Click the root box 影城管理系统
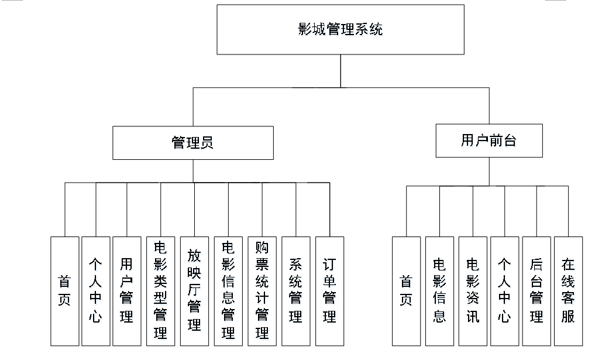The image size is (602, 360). pyautogui.click(x=340, y=29)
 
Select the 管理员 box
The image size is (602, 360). pyautogui.click(x=192, y=143)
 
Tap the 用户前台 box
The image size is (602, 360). pyautogui.click(x=489, y=140)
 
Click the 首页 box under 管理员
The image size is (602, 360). pyautogui.click(x=64, y=291)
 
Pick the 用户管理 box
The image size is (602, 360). pyautogui.click(x=127, y=291)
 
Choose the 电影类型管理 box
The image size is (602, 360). pyautogui.click(x=160, y=291)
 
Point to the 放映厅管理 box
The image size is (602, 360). pyautogui.click(x=194, y=291)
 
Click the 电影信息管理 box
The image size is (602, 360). pyautogui.click(x=228, y=291)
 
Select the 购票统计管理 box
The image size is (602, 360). pyautogui.click(x=262, y=291)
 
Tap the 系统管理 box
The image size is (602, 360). pyautogui.click(x=296, y=291)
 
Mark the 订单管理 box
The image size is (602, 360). pyautogui.click(x=329, y=291)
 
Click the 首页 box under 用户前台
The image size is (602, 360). pyautogui.click(x=406, y=291)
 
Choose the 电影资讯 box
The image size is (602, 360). pyautogui.click(x=473, y=291)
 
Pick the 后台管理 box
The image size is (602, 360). pyautogui.click(x=536, y=291)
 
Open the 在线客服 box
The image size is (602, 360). pyautogui.click(x=568, y=291)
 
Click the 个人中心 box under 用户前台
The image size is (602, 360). pyautogui.click(x=504, y=291)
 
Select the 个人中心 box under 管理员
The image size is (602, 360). pyautogui.click(x=96, y=291)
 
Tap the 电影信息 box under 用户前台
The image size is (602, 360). pyautogui.click(x=440, y=291)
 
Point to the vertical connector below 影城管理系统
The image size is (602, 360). pyautogui.click(x=340, y=71)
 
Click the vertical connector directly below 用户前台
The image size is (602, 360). pyautogui.click(x=489, y=172)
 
